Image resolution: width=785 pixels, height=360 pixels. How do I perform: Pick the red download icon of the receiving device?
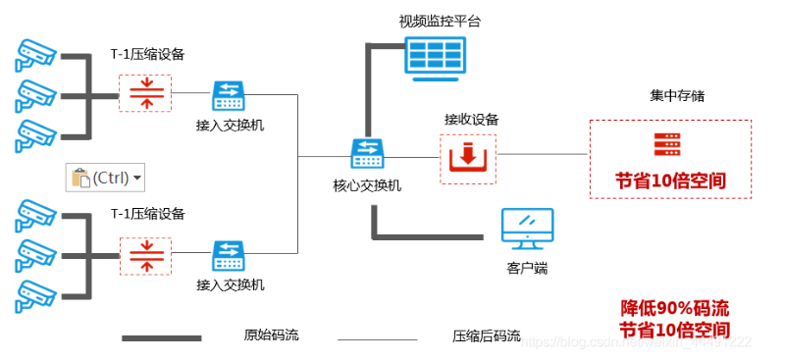pyautogui.click(x=468, y=158)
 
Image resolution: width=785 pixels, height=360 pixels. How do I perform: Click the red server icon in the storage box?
pyautogui.click(x=669, y=145)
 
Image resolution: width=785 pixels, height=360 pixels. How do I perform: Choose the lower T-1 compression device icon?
pyautogui.click(x=145, y=255)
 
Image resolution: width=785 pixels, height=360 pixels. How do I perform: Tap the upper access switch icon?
pyautogui.click(x=230, y=95)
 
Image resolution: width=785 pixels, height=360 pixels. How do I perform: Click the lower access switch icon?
pyautogui.click(x=230, y=255)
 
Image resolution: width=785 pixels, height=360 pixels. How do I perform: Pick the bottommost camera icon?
pyautogui.click(x=34, y=294)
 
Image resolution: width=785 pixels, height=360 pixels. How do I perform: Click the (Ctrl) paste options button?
pyautogui.click(x=105, y=178)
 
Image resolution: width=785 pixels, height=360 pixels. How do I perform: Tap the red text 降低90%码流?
pyautogui.click(x=674, y=307)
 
